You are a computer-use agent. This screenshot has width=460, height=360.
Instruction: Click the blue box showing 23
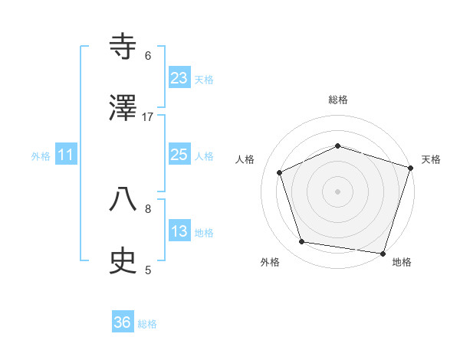179,78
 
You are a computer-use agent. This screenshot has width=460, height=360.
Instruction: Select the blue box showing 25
179,155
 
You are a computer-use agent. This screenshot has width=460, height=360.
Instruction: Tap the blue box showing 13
179,232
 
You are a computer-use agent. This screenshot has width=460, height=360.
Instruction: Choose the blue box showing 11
66,155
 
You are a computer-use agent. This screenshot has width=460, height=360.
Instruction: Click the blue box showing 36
123,323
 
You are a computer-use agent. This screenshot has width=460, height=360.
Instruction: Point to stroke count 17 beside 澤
148,116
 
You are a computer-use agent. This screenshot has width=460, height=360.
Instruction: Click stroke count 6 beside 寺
148,55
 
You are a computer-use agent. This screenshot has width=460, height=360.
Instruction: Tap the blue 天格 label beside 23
204,80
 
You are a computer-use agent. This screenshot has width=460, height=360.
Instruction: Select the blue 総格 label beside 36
147,325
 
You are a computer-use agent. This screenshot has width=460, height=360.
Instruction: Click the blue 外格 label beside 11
41,156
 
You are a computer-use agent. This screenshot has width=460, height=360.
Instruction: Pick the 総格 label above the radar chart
338,100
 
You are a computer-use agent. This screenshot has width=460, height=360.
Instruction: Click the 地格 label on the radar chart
402,262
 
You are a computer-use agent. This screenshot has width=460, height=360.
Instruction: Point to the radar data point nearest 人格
280,172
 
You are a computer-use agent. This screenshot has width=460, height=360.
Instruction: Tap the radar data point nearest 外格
302,242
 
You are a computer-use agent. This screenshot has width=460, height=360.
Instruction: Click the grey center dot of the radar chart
338,191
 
